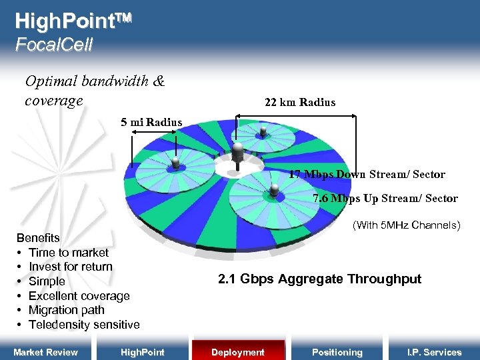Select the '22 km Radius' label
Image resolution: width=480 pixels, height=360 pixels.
coord(300,102)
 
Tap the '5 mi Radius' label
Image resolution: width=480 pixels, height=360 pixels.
coord(151,122)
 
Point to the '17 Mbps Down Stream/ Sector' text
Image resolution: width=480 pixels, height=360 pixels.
coord(367,175)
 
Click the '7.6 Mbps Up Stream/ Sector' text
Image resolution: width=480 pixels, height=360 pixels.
coord(385,198)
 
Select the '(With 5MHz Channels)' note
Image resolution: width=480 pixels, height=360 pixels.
coord(406,225)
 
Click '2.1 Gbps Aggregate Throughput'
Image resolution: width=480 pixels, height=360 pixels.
coord(319,279)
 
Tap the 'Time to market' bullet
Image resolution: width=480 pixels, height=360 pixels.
coord(68,253)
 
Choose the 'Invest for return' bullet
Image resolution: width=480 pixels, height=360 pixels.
coord(71,267)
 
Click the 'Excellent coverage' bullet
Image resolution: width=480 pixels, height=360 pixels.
coord(79,296)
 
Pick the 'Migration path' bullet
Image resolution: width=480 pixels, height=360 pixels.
coord(67,310)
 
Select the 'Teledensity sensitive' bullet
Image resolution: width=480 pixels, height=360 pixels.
coord(84,325)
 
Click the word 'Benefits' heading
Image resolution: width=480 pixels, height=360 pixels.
coord(38,238)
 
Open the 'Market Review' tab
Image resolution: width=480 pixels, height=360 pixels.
coord(46,352)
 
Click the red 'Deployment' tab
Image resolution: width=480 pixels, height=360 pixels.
coord(238,352)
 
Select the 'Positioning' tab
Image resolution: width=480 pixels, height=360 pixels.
coord(337,352)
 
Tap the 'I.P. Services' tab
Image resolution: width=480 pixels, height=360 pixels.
coord(434,352)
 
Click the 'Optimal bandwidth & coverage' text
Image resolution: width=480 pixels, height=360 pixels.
coord(94,91)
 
